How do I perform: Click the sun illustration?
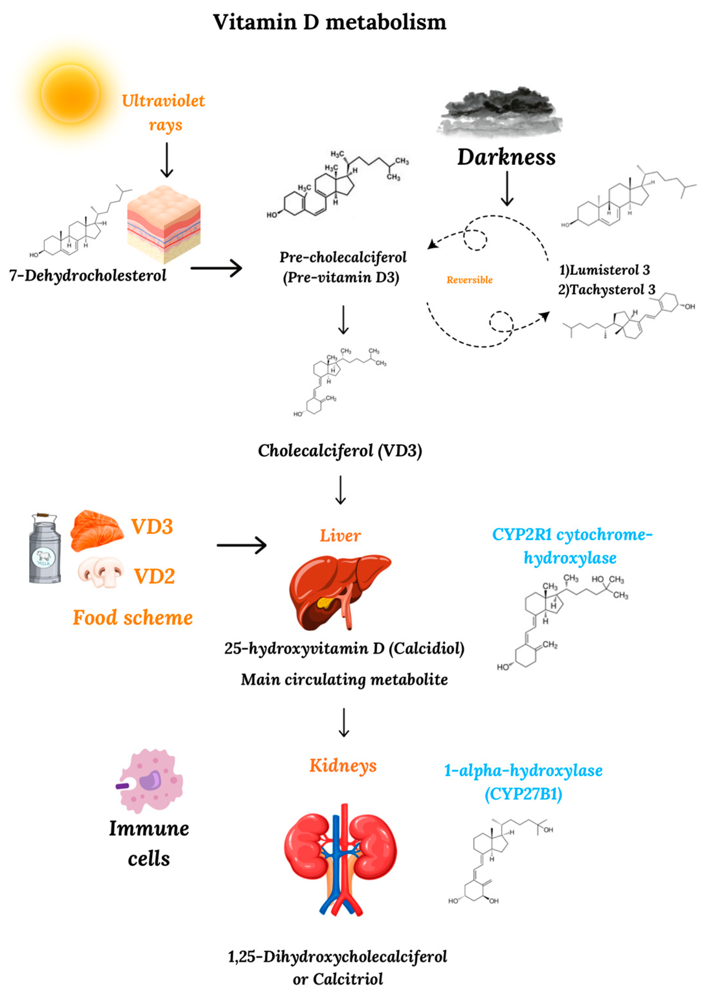pos(70,94)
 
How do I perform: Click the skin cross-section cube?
pos(163,224)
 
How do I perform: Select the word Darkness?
pos(506,157)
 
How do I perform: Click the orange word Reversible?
pos(469,280)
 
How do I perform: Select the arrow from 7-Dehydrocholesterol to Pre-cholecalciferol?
pos(216,268)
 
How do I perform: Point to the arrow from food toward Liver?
pos(242,545)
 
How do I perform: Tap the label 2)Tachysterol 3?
pos(606,290)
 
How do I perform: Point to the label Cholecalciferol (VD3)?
pos(340,451)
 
